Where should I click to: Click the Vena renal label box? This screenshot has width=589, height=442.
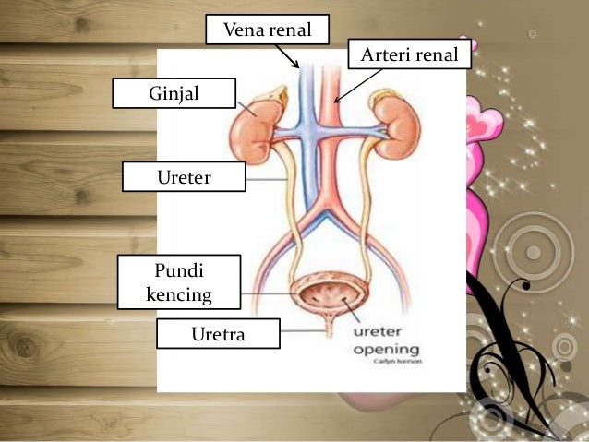pos(266,31)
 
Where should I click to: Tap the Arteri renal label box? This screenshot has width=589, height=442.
pos(409,57)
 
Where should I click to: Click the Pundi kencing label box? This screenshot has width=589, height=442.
pos(179,282)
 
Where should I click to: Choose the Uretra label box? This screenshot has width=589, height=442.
pos(218,334)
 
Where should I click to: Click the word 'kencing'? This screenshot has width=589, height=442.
pos(179,295)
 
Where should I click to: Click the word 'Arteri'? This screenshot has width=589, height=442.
pos(385,57)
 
